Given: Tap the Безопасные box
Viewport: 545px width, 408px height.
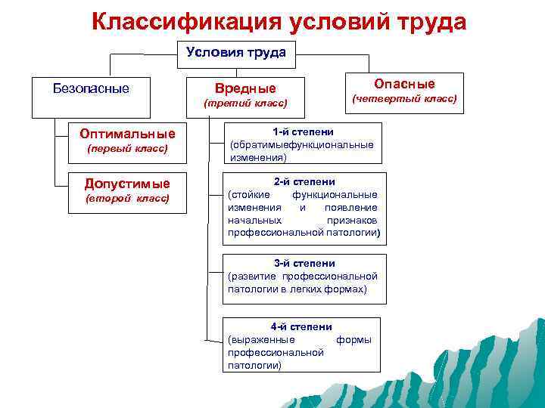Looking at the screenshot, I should coord(91,89).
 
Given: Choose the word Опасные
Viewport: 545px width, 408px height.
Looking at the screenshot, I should coord(405,84).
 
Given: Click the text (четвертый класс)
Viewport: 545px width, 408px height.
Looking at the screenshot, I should coord(405,99).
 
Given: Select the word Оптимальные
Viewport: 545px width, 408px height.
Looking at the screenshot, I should coord(127,134).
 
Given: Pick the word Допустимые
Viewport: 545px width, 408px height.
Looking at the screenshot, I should coord(127,184).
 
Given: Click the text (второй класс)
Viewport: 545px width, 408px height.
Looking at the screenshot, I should coord(127,198).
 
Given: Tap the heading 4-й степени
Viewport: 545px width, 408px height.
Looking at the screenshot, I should coord(301,326).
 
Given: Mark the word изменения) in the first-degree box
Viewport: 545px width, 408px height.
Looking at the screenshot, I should coord(258,158).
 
